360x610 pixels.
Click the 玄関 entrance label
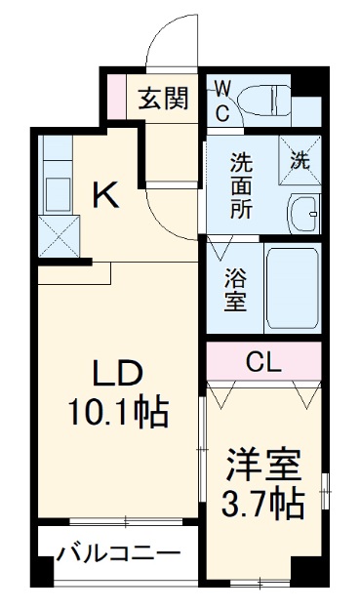click(x=162, y=99)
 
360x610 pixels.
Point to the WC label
click(x=221, y=101)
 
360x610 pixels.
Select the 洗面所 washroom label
click(x=241, y=170)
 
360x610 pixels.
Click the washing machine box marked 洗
click(x=300, y=157)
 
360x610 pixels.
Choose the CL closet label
click(x=263, y=363)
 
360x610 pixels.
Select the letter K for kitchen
click(x=105, y=196)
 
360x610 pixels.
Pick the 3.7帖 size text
click(x=262, y=504)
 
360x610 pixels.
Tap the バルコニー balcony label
click(x=118, y=553)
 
